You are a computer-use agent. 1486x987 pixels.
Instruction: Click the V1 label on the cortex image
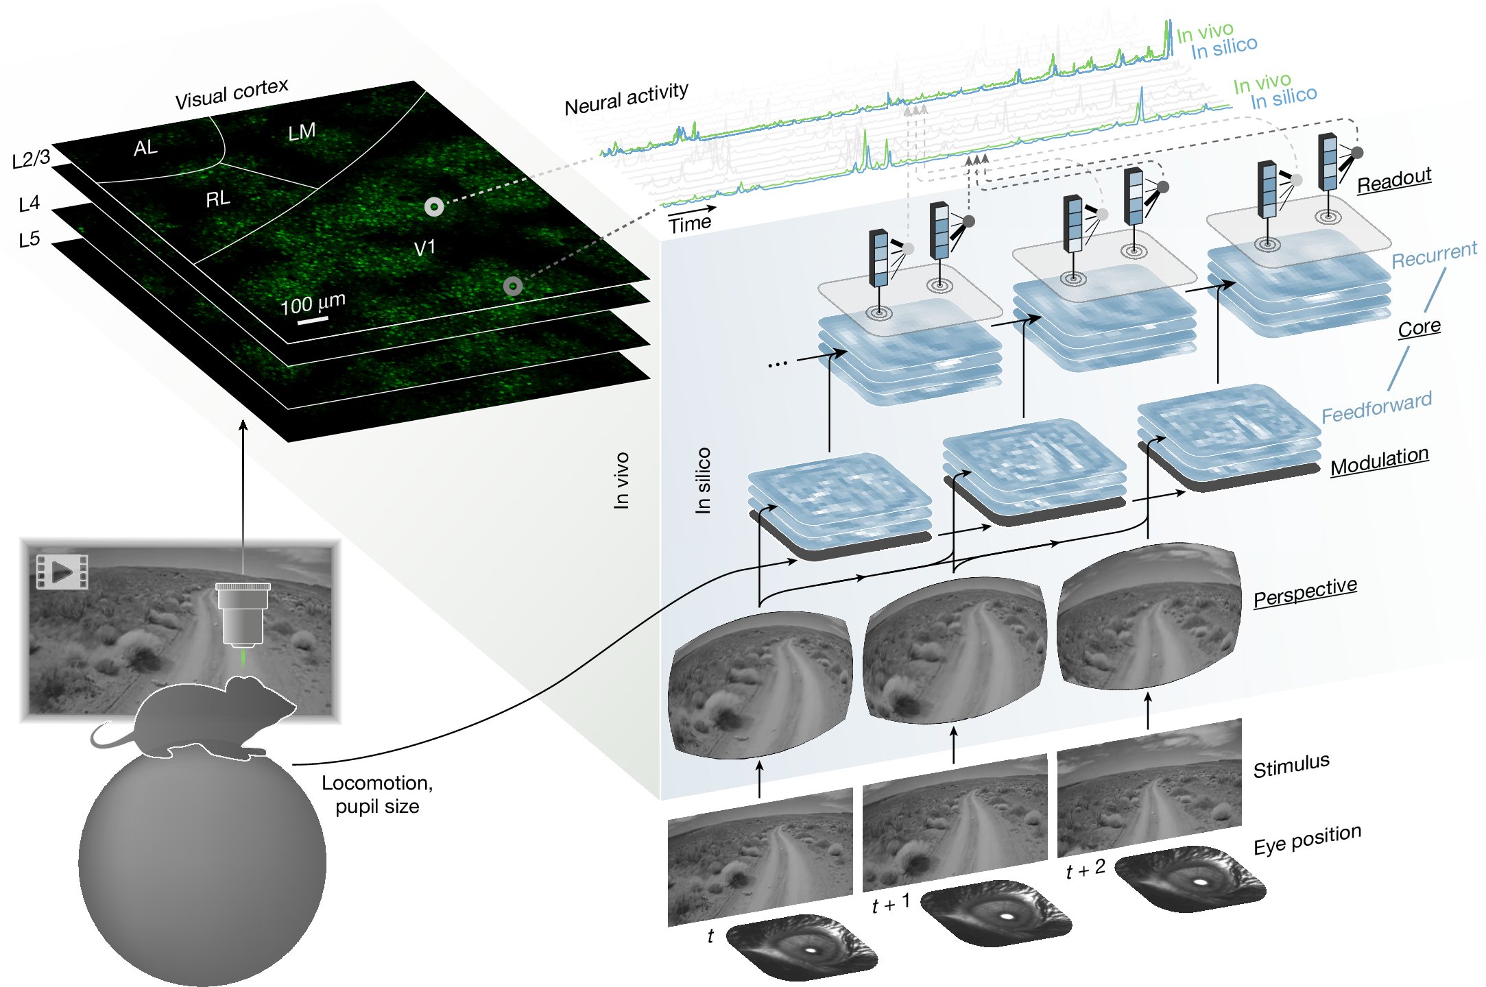tap(424, 248)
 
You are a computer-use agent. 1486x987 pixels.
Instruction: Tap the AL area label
tap(145, 147)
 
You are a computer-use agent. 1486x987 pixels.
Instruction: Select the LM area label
tap(302, 132)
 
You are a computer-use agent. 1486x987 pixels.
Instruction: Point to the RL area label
tap(217, 199)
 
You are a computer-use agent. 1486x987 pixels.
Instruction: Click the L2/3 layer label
tap(32, 159)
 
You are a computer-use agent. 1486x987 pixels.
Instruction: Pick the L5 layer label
tap(29, 240)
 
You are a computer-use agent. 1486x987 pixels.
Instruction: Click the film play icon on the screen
tap(62, 572)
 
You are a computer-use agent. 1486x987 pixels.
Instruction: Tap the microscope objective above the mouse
tap(243, 613)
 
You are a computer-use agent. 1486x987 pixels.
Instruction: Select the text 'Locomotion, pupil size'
tap(377, 794)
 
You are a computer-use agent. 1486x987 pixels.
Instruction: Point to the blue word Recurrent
tap(1434, 255)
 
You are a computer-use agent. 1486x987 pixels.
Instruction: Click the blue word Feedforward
tap(1376, 408)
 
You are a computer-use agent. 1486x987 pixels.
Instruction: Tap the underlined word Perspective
tap(1305, 592)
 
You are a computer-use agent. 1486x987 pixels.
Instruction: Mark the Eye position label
tap(1307, 840)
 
